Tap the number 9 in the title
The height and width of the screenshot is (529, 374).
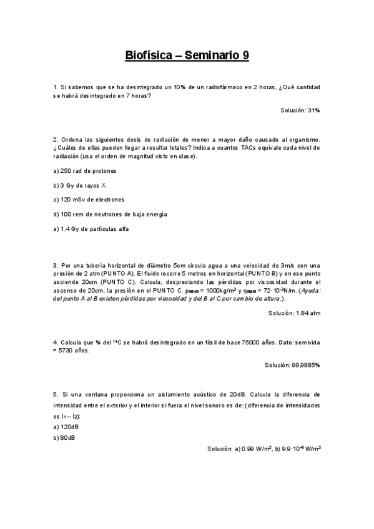point(246,56)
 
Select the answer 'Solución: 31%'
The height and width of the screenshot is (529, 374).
point(300,110)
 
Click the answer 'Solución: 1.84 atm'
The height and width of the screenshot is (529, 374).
point(294,313)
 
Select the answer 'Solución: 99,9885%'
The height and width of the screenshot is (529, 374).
point(292,365)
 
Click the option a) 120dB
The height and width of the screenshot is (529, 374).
point(66,426)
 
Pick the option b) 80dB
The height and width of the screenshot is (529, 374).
point(65,437)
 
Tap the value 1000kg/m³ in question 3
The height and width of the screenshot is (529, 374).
point(219,291)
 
